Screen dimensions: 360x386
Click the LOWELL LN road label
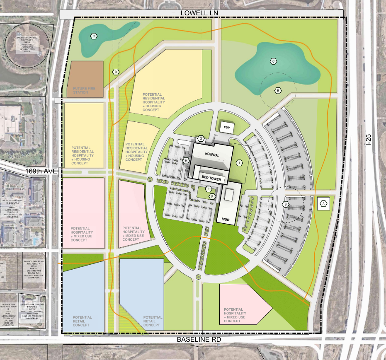tap(199, 13)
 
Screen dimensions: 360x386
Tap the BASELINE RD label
tap(199, 339)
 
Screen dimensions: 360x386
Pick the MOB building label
tap(226, 219)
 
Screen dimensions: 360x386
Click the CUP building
tap(227, 127)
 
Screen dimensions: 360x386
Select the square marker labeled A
tap(323, 203)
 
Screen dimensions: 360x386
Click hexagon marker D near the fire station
tap(116, 72)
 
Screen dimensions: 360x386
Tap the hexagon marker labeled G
tap(200, 138)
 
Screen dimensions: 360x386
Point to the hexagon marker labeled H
tap(187, 160)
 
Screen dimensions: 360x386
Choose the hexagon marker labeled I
tap(239, 163)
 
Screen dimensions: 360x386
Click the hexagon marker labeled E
tap(209, 189)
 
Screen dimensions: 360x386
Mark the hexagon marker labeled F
tap(212, 196)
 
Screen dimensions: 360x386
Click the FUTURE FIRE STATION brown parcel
tap(85, 80)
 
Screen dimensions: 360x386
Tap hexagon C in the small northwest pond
tap(94, 36)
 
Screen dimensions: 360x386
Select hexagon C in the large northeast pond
tap(273, 61)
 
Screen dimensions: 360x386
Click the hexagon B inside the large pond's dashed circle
tap(278, 90)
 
